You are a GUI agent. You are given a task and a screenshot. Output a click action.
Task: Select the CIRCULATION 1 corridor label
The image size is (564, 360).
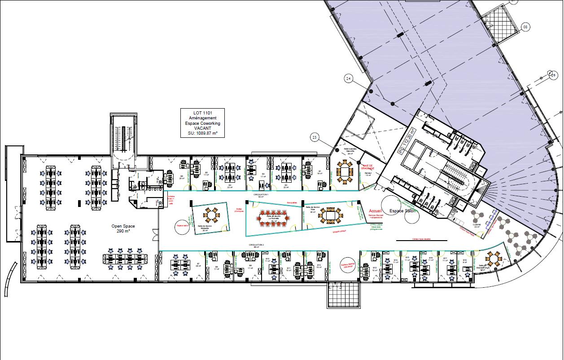[x=261, y=195]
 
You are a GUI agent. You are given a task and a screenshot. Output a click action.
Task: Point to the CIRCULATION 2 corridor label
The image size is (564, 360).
[x=257, y=245]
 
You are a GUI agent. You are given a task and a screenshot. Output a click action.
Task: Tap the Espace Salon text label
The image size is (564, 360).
[x=402, y=211]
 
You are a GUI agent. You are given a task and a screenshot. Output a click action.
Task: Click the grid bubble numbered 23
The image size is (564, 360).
[x=315, y=137]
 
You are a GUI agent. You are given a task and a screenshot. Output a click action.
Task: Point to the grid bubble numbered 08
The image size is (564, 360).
[x=526, y=27]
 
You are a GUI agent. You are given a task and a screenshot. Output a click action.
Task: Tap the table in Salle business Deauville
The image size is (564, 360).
[x=345, y=172]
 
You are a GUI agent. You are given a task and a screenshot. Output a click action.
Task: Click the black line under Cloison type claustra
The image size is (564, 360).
[x=421, y=241]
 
